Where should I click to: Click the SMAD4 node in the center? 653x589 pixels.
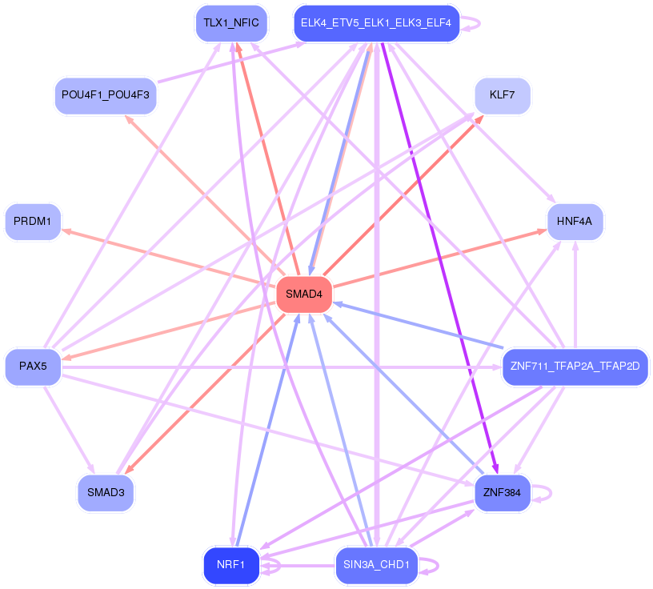tap(304, 294)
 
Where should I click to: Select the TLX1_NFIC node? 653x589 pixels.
tap(231, 23)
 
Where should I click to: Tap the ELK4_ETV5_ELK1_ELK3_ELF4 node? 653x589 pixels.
tap(376, 23)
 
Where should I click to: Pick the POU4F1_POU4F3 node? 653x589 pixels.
tap(106, 95)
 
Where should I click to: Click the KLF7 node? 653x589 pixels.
tap(503, 95)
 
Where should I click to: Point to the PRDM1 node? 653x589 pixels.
tap(33, 222)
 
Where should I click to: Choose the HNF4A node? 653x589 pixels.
tap(575, 222)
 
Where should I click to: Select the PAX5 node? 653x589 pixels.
tap(33, 367)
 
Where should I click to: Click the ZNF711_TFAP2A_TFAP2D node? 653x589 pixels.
tap(575, 367)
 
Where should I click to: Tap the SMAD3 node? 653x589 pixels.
tap(106, 493)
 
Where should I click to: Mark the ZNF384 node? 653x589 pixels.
tap(503, 493)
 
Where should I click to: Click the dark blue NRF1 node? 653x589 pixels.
tap(231, 565)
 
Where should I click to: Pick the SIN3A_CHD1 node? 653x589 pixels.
tap(376, 565)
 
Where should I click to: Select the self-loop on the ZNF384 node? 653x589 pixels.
tap(542, 493)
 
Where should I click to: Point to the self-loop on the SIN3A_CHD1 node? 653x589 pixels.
tap(429, 566)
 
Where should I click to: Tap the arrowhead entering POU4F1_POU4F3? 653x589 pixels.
tap(129, 119)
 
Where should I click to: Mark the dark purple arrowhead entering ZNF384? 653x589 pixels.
tap(495, 470)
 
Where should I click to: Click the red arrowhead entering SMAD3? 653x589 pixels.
tap(130, 469)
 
